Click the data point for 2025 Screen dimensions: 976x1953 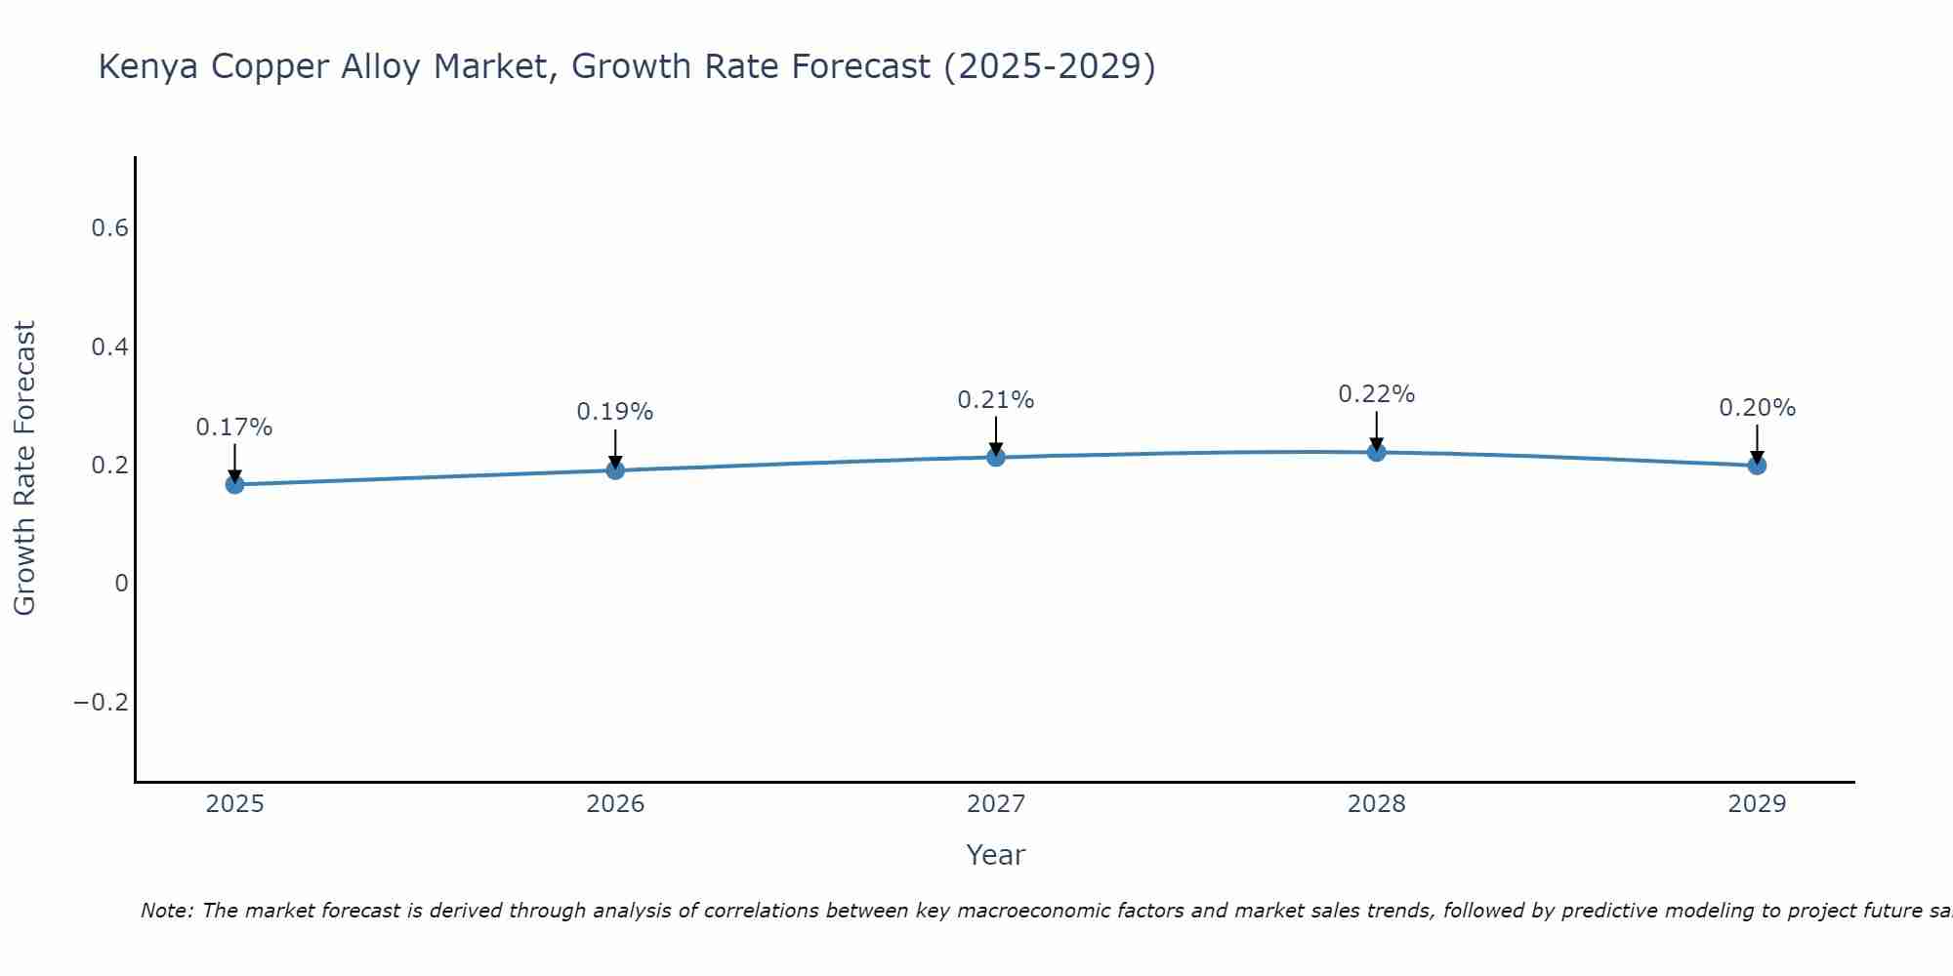click(x=234, y=484)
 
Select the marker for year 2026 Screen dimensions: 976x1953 click(x=615, y=470)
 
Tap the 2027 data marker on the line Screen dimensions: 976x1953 click(x=996, y=457)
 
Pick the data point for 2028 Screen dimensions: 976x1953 click(x=1376, y=452)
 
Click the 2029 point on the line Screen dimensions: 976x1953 click(x=1757, y=466)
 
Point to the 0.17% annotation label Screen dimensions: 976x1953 click(x=234, y=427)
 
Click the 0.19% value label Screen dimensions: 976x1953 click(x=615, y=412)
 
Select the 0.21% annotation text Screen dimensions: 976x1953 click(x=996, y=400)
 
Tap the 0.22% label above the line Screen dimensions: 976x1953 click(x=1376, y=394)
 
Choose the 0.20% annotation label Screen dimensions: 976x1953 click(x=1757, y=408)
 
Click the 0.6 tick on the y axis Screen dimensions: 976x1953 click(x=109, y=228)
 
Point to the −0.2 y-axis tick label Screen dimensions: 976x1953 click(x=102, y=703)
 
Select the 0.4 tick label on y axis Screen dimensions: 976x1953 click(x=109, y=347)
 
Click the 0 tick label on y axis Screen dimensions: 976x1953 click(x=121, y=584)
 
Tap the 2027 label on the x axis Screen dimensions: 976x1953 click(x=996, y=804)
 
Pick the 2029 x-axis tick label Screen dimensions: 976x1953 click(x=1757, y=804)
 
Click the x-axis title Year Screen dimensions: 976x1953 click(x=996, y=855)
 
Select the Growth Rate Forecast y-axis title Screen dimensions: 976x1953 click(x=24, y=468)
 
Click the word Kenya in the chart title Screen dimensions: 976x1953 click(x=149, y=67)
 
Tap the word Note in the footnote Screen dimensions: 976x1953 click(x=166, y=911)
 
